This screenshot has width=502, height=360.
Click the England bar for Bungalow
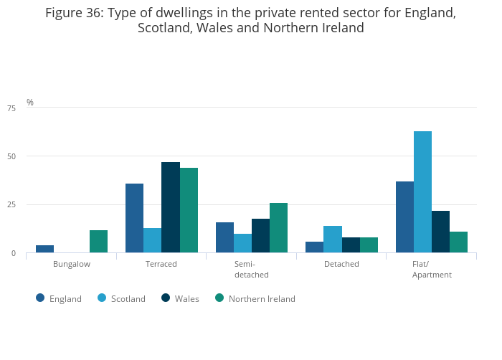click(44, 249)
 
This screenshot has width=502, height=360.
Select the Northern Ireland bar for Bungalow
click(98, 242)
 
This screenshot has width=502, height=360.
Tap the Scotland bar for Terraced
click(152, 240)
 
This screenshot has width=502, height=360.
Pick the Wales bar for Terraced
click(171, 207)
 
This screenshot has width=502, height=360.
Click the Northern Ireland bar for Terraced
click(189, 210)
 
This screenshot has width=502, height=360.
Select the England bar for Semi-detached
click(224, 237)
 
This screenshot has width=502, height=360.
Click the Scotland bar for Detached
click(333, 240)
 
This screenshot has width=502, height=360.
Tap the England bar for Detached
click(315, 247)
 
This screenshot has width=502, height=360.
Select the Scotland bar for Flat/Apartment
click(422, 192)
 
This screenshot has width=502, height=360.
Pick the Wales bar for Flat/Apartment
click(440, 232)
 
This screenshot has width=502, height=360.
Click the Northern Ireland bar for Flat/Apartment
click(458, 242)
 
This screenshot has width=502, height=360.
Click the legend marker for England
click(40, 298)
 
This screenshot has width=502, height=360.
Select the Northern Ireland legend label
click(262, 299)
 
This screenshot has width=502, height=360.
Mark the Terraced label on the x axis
click(161, 265)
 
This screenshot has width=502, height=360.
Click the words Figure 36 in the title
click(75, 13)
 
